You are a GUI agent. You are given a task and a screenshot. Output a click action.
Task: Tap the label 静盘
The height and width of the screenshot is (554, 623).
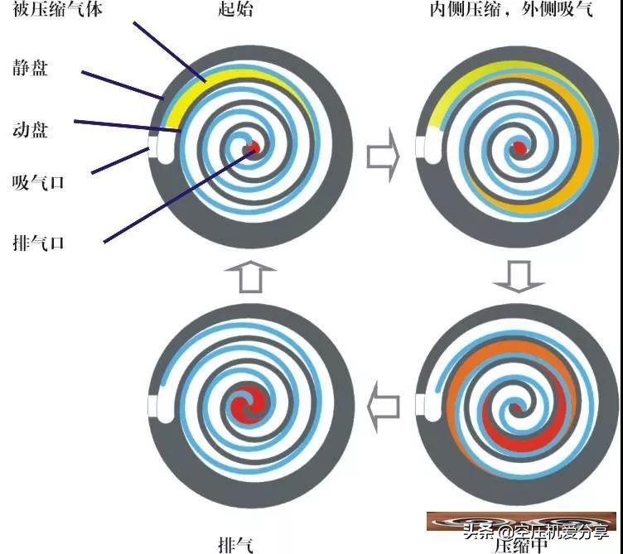[31, 68]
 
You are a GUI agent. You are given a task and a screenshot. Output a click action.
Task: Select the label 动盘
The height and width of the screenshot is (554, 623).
[31, 128]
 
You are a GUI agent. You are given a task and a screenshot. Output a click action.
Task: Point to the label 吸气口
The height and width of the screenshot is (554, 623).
[39, 182]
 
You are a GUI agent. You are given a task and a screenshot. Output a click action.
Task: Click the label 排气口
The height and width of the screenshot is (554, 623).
[39, 243]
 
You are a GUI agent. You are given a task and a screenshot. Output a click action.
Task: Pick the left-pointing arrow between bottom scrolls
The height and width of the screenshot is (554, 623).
[383, 407]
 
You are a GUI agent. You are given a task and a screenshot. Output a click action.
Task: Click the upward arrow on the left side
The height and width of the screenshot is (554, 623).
[249, 277]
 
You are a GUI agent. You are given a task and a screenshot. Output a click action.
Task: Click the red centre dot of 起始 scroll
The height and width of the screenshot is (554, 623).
[254, 148]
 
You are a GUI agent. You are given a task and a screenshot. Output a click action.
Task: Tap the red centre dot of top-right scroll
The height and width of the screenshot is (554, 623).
[519, 147]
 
